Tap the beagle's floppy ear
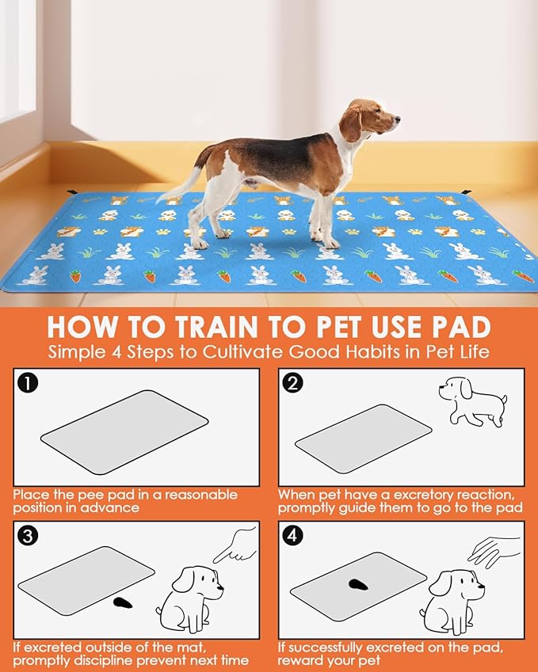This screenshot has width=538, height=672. tap(350, 123)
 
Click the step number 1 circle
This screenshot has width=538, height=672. tap(28, 383)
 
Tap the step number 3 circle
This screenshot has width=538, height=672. tap(28, 536)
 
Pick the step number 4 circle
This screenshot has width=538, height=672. tap(292, 536)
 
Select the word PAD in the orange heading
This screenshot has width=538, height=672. tap(461, 327)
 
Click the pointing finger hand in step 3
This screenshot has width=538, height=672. tap(235, 545)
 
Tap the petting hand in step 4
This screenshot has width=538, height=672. tap(494, 552)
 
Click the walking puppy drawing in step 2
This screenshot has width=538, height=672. tap(472, 401)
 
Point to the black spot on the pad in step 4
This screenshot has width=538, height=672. tap(359, 584)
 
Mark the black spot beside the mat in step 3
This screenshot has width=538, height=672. tap(123, 602)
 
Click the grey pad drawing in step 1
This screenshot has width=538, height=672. tap(124, 432)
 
